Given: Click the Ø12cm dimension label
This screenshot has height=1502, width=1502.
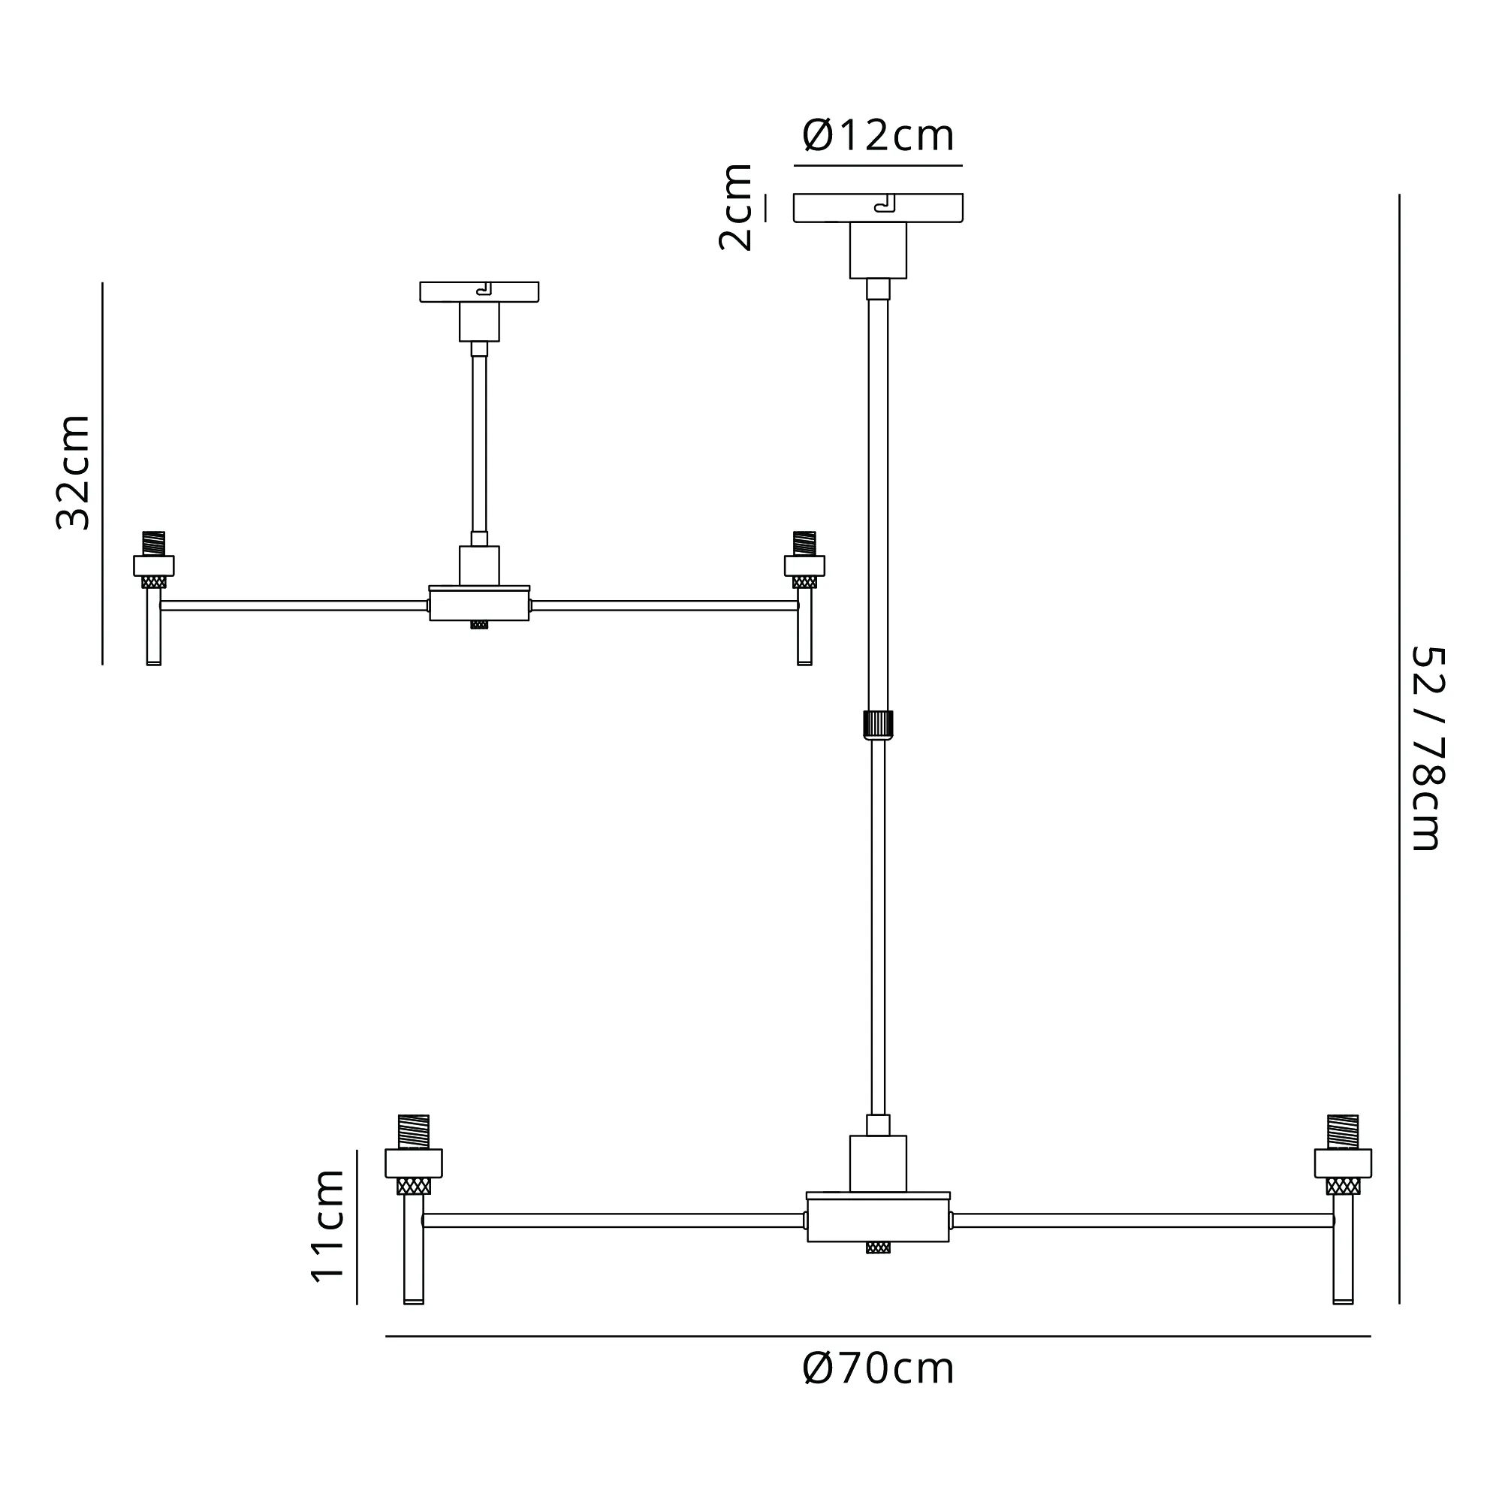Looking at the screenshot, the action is click(x=878, y=135).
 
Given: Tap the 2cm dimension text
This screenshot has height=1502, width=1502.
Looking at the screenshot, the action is click(x=734, y=207).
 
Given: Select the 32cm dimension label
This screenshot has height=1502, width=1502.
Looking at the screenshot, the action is click(x=74, y=472).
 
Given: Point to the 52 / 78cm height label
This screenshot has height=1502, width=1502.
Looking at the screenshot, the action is click(x=1428, y=749).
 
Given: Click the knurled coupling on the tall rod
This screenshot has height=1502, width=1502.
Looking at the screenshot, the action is click(x=878, y=725).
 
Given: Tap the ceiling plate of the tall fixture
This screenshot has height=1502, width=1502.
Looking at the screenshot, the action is click(x=878, y=207).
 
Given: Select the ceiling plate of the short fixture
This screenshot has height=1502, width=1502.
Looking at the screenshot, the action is click(x=479, y=291).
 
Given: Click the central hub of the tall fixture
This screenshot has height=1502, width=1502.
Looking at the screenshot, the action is click(x=878, y=1220).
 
